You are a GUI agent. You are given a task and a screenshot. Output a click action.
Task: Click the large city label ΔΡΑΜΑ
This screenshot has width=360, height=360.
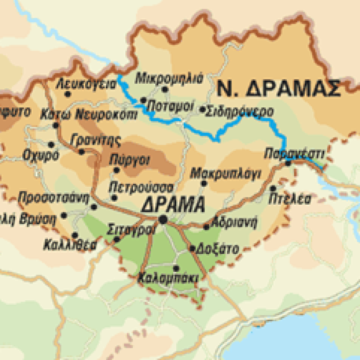(173, 204)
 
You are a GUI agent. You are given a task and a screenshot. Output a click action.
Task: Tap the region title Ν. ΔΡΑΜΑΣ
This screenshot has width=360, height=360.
(279, 88)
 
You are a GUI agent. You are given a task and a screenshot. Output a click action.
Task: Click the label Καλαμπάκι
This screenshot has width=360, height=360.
(169, 277)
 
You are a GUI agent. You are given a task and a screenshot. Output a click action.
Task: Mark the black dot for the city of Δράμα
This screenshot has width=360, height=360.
(163, 219)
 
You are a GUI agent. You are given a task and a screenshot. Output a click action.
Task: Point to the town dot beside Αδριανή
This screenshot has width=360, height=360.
(207, 227)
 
